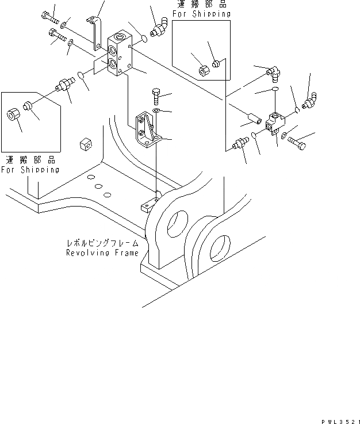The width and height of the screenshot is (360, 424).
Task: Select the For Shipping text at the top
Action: coord(202,14)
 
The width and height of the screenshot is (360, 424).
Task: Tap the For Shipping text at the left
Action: coord(30,170)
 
